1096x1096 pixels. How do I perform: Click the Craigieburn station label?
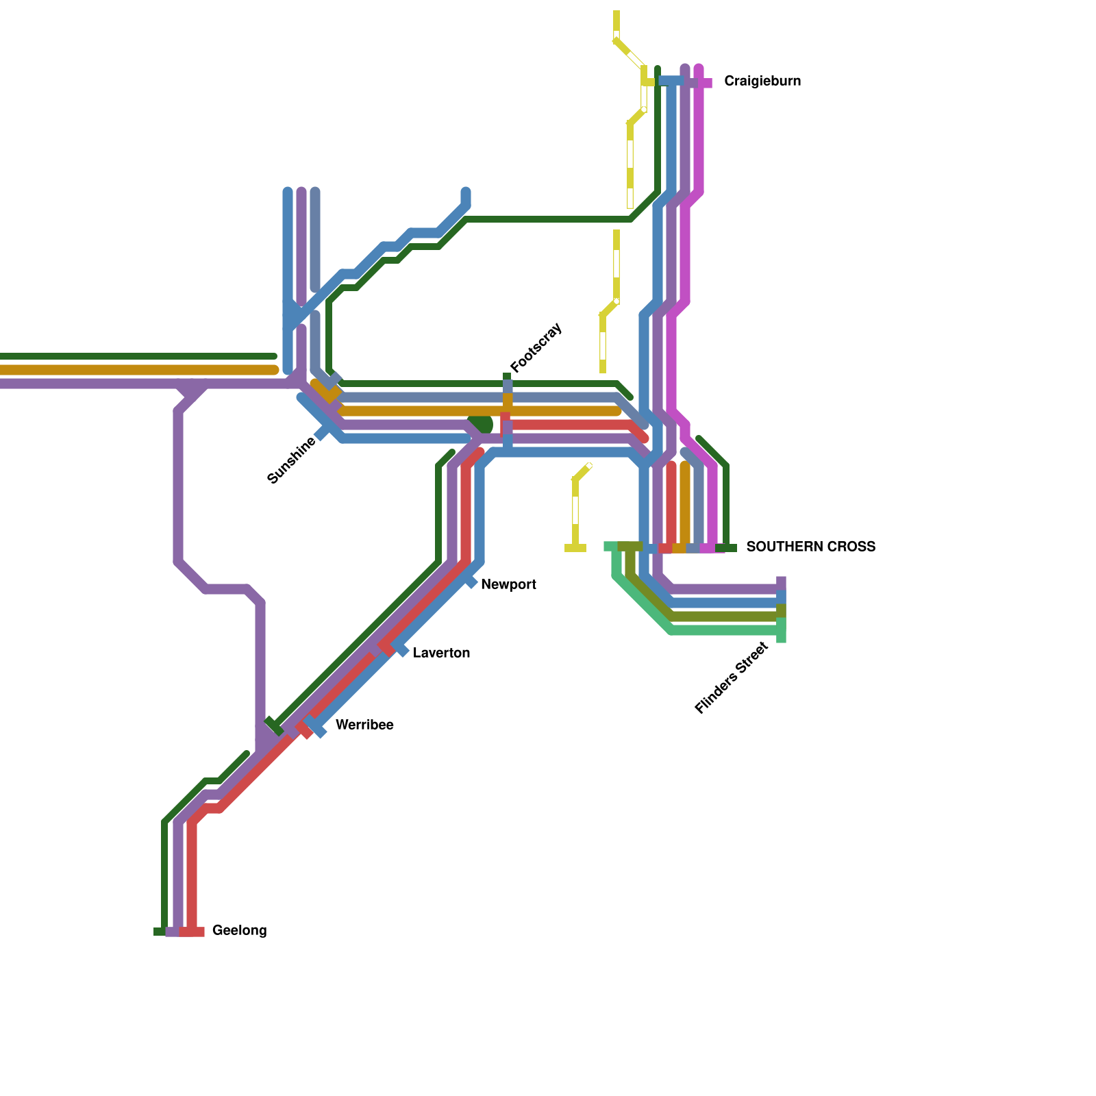tap(762, 82)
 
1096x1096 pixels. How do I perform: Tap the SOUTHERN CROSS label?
tap(810, 547)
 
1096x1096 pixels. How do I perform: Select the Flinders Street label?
tap(731, 678)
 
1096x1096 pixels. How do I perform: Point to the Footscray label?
tap(536, 347)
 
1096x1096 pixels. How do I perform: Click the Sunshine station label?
tap(292, 460)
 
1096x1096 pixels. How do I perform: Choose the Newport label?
tap(508, 585)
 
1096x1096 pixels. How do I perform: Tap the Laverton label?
tap(441, 653)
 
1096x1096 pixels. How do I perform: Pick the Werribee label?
tap(364, 725)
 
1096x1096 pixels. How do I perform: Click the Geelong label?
tap(239, 931)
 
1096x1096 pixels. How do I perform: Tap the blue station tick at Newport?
tap(471, 582)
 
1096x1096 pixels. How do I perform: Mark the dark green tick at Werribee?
tap(273, 725)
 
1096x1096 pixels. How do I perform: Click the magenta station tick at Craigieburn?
tap(705, 83)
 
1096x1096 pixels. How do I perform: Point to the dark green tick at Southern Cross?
tap(727, 548)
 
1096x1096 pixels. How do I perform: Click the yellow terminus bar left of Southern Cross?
tap(575, 548)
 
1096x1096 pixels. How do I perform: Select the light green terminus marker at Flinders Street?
tap(781, 631)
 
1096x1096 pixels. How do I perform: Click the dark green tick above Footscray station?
tap(507, 376)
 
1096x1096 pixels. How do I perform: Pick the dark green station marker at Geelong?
tap(160, 932)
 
